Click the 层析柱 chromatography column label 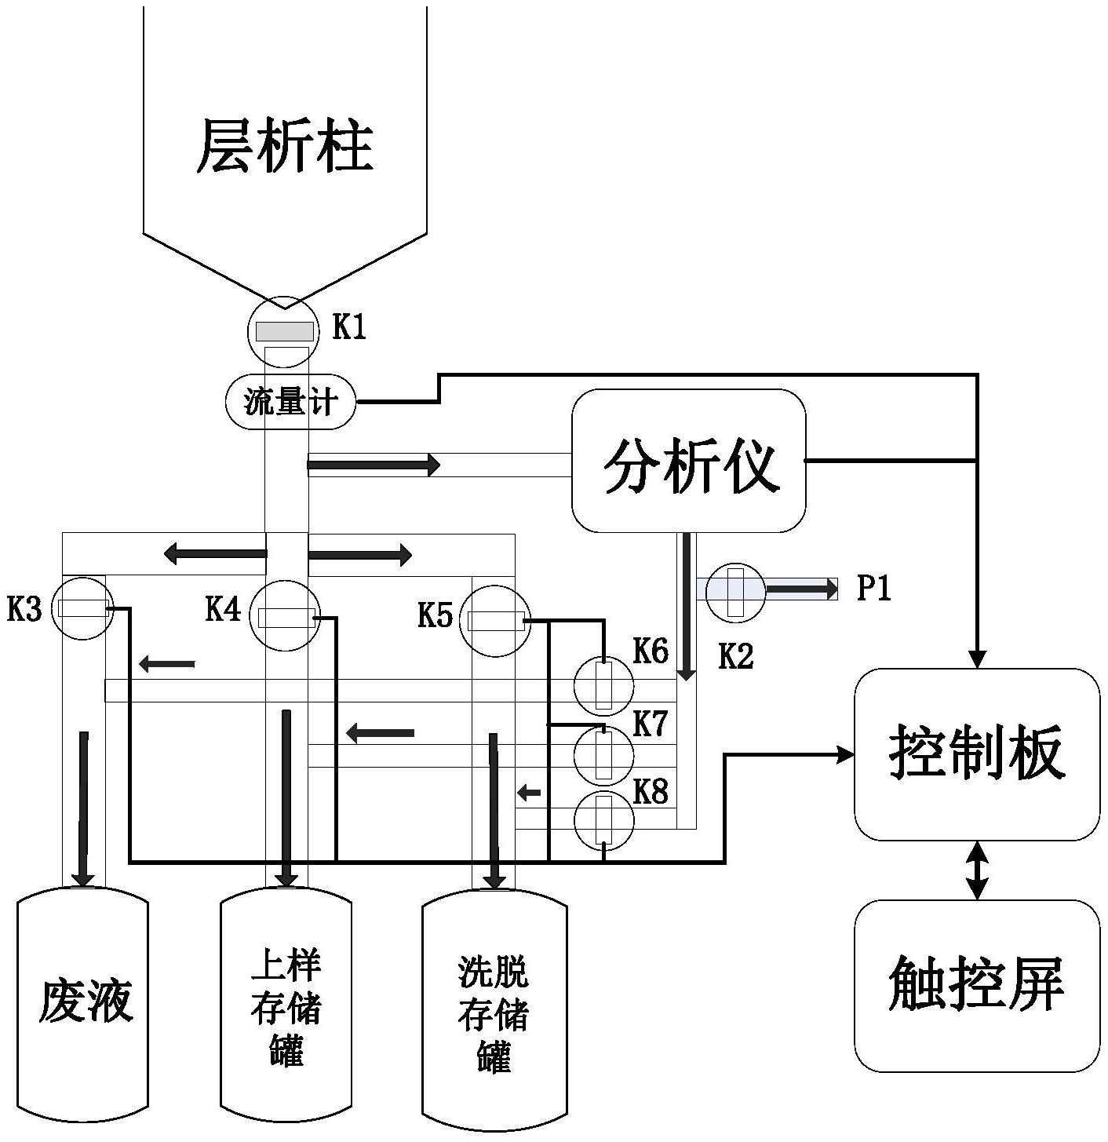pos(284,146)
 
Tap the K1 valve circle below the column pos(284,332)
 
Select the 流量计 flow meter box pos(290,402)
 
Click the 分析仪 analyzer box pos(688,461)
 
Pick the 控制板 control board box pos(976,754)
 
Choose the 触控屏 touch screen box pos(976,985)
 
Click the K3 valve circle pos(82,608)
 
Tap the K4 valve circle pos(286,616)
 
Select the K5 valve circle pos(494,620)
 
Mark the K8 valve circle pos(603,821)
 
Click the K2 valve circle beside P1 pos(735,591)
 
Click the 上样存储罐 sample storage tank pos(286,1009)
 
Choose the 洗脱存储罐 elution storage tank pos(494,1012)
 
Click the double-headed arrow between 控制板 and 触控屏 pos(976,870)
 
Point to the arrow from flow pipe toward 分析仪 pos(373,465)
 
